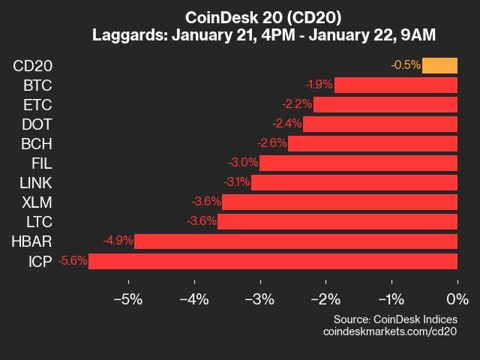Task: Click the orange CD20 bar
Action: (x=439, y=65)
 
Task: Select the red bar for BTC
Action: (x=395, y=85)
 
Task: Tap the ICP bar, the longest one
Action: (x=273, y=261)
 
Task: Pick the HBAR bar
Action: (x=295, y=241)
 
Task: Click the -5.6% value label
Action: (x=73, y=261)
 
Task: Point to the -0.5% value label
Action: (x=406, y=65)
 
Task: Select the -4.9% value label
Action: (x=118, y=241)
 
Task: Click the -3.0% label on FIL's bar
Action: (x=243, y=163)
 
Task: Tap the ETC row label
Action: (x=37, y=104)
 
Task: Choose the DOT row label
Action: (x=37, y=124)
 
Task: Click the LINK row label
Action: (x=35, y=182)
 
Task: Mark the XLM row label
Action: (x=37, y=202)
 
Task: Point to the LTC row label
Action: (x=37, y=221)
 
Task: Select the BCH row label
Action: (x=37, y=143)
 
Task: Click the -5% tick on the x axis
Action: (x=127, y=300)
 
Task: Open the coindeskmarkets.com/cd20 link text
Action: (x=389, y=331)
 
